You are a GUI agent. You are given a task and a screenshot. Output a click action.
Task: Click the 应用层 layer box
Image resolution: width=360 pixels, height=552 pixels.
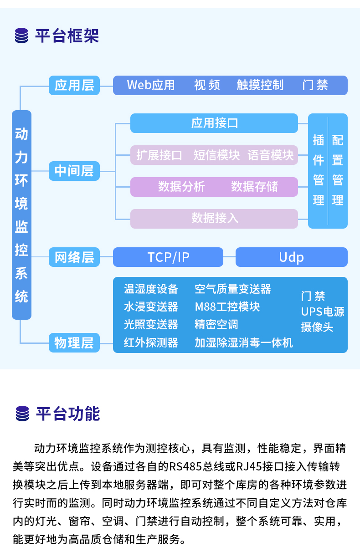click(74, 85)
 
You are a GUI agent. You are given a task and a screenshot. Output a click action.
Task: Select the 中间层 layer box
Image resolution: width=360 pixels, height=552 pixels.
click(74, 171)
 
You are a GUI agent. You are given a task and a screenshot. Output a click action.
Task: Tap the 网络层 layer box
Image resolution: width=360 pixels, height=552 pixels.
click(74, 257)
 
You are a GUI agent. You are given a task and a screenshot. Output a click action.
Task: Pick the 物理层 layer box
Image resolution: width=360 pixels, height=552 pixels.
click(74, 342)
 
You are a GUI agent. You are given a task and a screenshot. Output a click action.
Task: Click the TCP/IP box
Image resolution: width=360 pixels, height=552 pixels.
click(168, 257)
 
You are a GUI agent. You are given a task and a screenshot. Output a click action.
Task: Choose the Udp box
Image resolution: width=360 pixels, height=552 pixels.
click(291, 257)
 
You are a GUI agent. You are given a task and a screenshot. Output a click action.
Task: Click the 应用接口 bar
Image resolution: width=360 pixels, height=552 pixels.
click(214, 123)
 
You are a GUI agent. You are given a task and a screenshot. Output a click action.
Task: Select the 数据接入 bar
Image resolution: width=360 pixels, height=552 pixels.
click(214, 219)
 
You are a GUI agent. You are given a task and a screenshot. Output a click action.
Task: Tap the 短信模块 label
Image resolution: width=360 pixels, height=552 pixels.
click(216, 155)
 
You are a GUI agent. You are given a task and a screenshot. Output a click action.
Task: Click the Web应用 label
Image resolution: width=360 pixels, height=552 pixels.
click(151, 85)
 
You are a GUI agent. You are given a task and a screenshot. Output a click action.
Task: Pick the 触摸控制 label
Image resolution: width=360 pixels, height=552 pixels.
click(260, 85)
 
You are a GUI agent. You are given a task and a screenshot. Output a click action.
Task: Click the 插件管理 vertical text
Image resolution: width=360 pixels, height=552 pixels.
click(319, 170)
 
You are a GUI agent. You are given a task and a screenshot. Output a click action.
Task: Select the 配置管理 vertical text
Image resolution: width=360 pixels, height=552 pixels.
click(338, 170)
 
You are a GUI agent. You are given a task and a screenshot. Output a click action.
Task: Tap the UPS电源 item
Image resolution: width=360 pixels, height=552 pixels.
click(322, 312)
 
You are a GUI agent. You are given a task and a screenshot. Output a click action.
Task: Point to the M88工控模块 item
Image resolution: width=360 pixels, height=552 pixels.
click(227, 307)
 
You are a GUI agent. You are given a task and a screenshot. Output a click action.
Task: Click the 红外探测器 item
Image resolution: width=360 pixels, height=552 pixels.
click(151, 342)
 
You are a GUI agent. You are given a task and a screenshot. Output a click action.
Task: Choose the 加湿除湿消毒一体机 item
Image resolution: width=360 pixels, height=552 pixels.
click(243, 342)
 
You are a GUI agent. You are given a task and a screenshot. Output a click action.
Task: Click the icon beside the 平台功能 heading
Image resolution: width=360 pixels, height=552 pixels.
click(22, 414)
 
